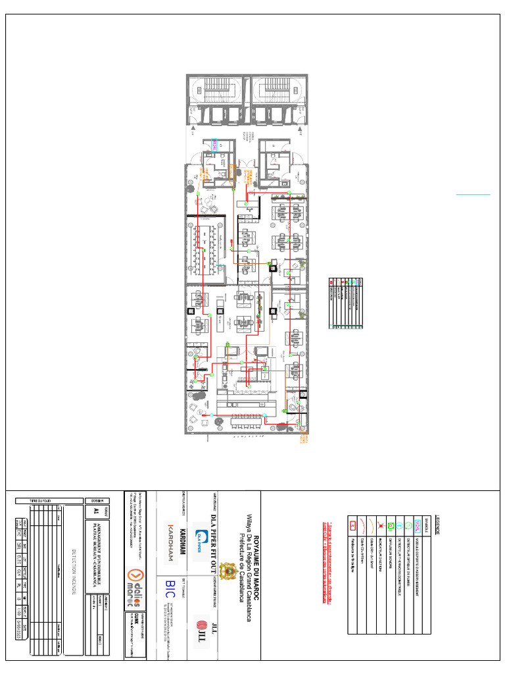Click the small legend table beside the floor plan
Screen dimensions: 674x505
(x=346, y=303)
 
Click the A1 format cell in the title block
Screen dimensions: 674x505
(x=96, y=511)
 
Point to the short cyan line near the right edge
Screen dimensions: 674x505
(x=473, y=195)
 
